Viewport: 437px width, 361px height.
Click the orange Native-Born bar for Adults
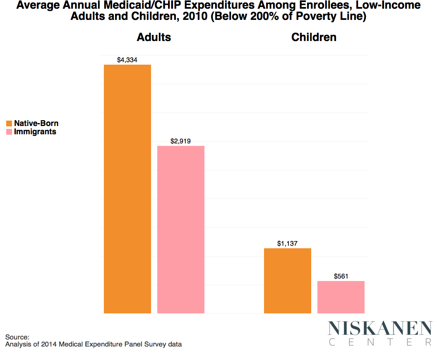tap(127, 189)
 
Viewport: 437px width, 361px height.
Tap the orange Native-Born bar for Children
tap(288, 281)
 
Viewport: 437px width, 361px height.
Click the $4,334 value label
tap(127, 60)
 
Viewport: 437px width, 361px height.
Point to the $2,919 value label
tap(180, 141)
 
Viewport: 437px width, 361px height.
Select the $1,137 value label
tap(288, 244)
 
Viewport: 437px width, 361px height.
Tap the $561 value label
tap(341, 276)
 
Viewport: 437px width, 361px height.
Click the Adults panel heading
tap(154, 37)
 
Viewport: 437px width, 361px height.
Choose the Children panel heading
tap(314, 37)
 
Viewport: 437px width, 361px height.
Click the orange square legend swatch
tap(9, 124)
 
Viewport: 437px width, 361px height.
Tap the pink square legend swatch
tap(9, 132)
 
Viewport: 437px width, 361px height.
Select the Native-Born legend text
tap(36, 124)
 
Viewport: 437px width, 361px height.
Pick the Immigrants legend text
tap(35, 132)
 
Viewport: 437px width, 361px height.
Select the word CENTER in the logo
tap(380, 342)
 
